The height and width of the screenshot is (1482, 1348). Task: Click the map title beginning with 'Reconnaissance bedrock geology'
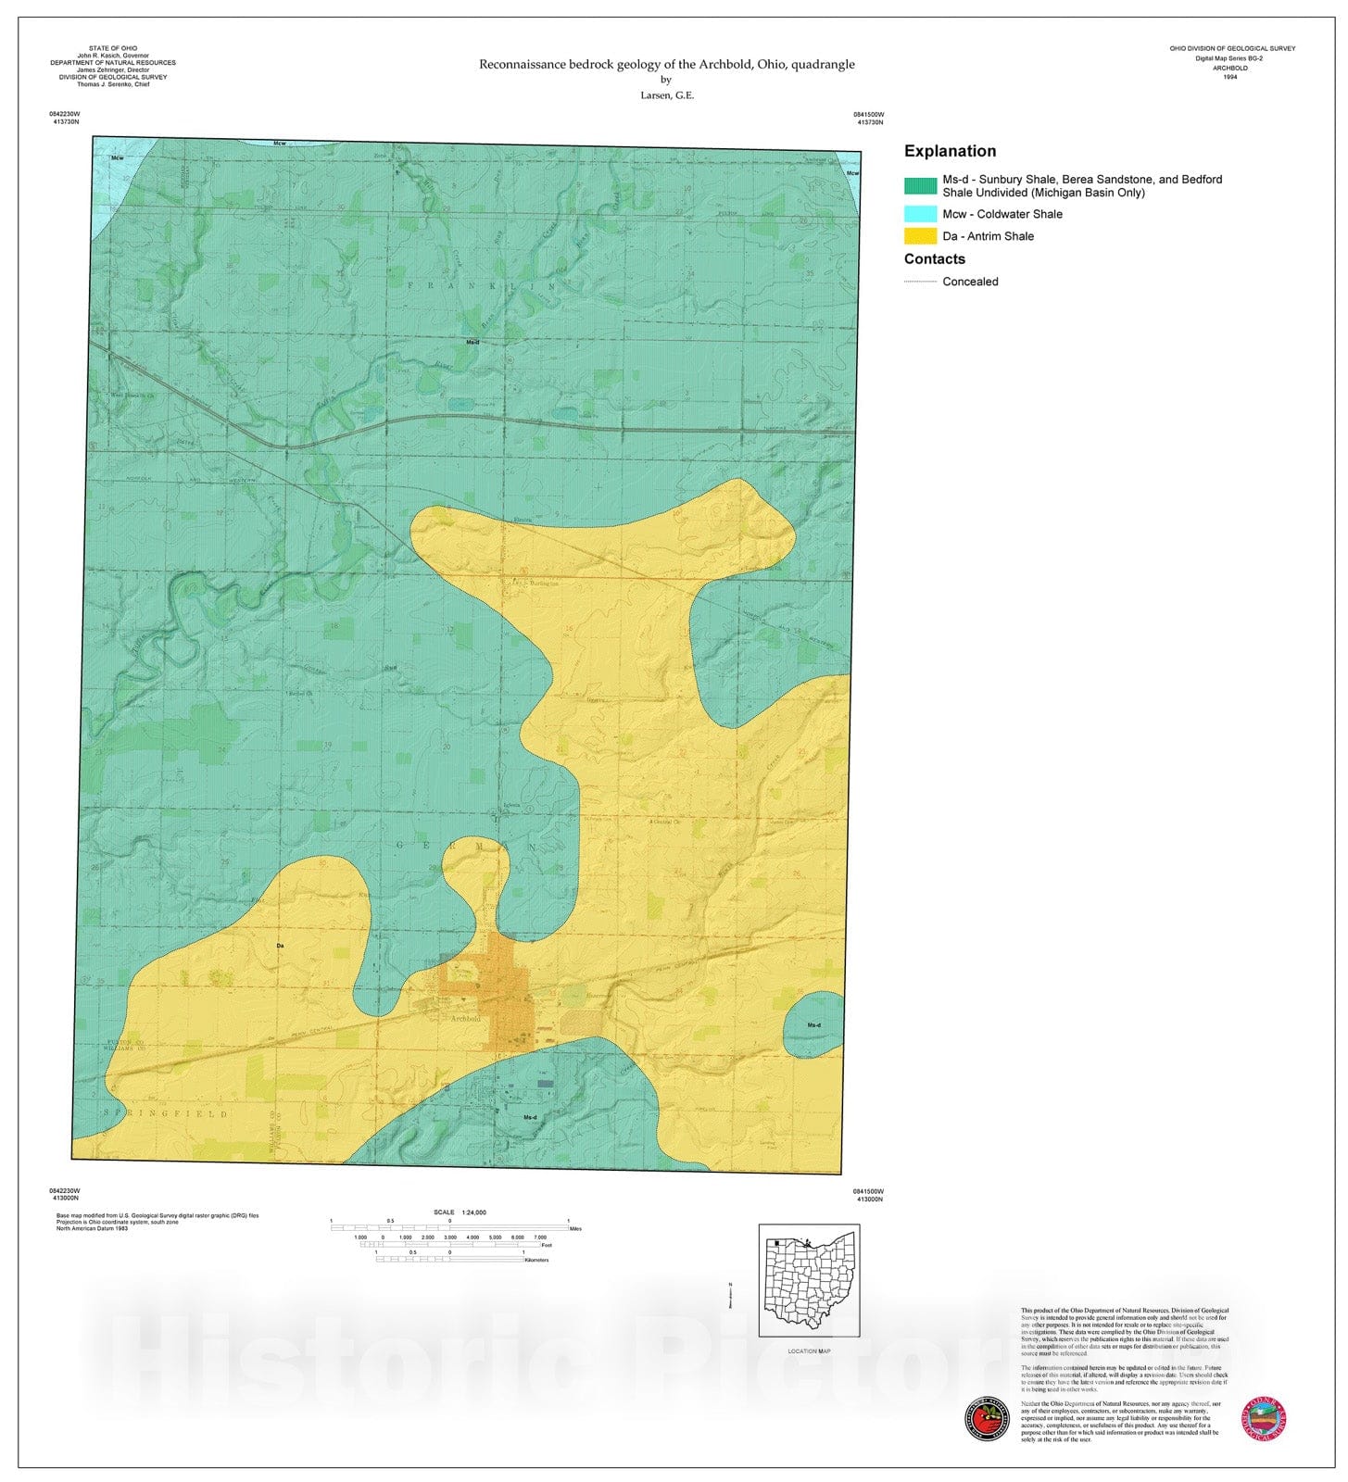click(x=666, y=64)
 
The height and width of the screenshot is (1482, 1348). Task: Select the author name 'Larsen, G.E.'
click(x=666, y=95)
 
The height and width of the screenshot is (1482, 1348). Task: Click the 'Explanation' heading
click(x=950, y=151)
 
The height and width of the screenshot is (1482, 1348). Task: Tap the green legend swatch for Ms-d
click(x=920, y=185)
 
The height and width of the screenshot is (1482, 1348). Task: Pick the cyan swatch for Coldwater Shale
click(x=920, y=214)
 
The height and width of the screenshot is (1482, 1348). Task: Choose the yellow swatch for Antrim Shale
click(x=920, y=236)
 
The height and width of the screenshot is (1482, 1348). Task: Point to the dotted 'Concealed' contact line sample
click(x=920, y=282)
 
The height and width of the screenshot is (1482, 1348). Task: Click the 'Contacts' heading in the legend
click(x=934, y=259)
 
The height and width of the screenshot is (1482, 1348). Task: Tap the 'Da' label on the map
click(x=280, y=946)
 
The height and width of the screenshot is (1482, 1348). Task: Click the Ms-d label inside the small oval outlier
click(x=813, y=1025)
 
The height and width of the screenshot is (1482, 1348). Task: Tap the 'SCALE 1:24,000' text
click(x=460, y=1212)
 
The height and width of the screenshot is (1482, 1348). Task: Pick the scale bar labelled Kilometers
click(x=449, y=1259)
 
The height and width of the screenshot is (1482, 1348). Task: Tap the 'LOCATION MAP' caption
click(x=809, y=1350)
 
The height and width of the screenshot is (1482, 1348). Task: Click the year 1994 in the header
click(x=1229, y=77)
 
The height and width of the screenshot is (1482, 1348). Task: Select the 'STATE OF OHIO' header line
click(x=112, y=48)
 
